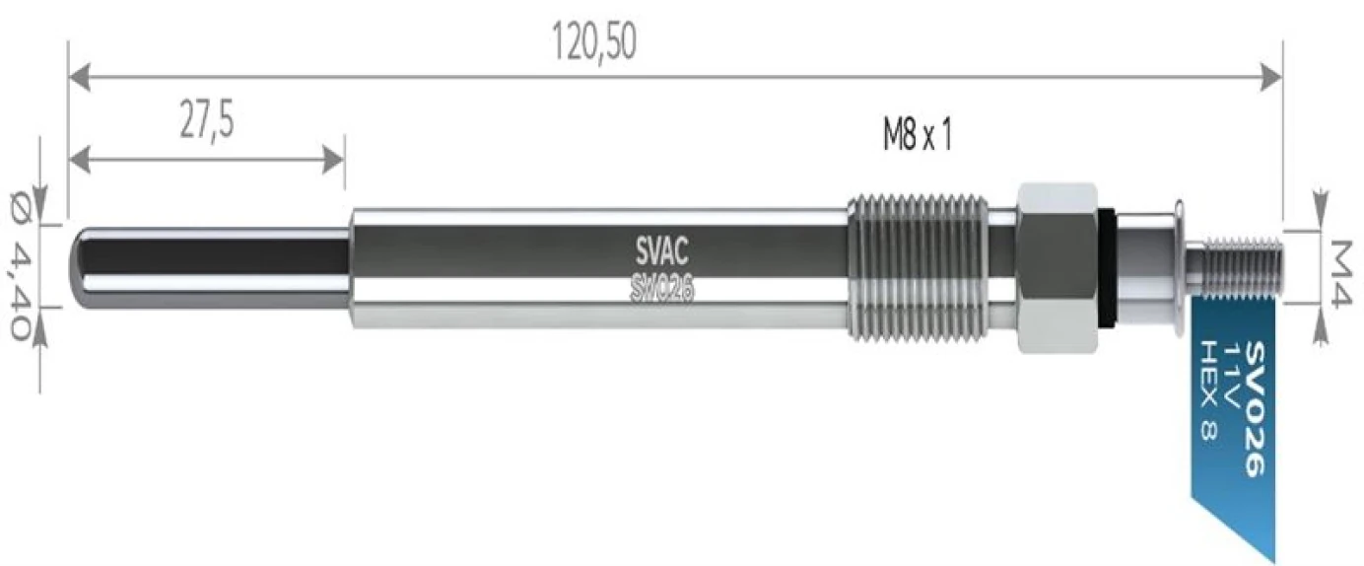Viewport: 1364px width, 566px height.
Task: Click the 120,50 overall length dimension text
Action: coord(594,40)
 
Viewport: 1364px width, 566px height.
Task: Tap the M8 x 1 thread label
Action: coord(917,136)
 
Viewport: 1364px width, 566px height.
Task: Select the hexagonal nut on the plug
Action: coord(1057,267)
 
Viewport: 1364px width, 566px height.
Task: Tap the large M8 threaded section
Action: coord(919,266)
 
